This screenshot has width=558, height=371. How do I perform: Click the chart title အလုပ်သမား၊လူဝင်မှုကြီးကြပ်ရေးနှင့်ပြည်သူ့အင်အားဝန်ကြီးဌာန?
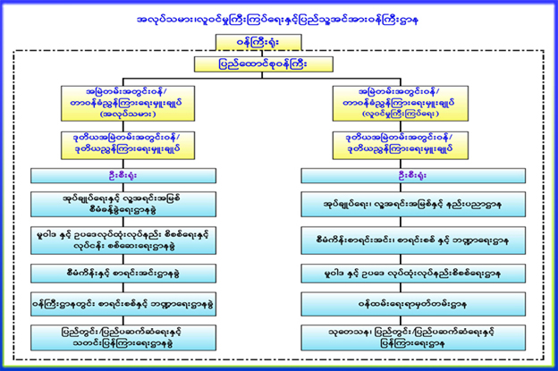279,17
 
